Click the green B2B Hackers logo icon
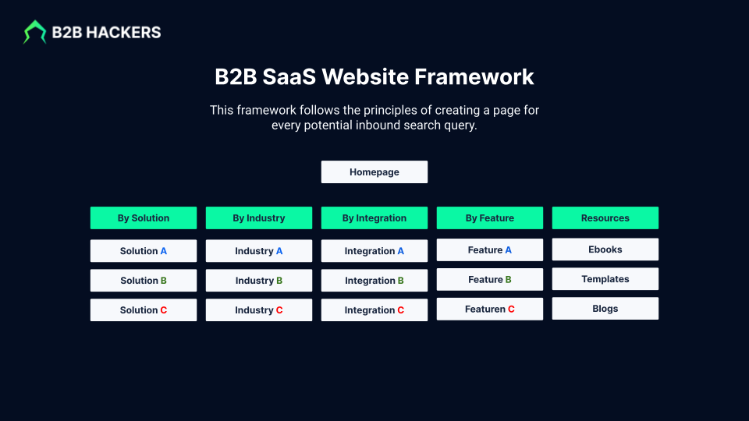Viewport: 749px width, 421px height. (x=34, y=32)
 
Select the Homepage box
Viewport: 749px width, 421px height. (x=374, y=172)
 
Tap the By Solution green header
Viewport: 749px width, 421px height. (x=144, y=218)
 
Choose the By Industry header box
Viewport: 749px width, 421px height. (x=259, y=218)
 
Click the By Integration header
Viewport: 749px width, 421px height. (x=374, y=218)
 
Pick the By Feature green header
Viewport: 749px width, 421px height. (x=490, y=218)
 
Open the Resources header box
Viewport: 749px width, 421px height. (x=605, y=218)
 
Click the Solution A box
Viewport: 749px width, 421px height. (x=144, y=251)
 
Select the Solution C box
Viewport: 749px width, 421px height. (x=144, y=310)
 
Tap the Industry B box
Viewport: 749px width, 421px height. (x=259, y=281)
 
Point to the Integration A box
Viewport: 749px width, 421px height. (x=374, y=251)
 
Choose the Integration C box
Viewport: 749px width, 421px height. (x=374, y=310)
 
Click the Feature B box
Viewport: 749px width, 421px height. (x=490, y=279)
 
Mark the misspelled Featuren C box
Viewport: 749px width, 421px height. (x=490, y=309)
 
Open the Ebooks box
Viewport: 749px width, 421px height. (x=605, y=249)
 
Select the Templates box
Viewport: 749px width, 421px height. (x=605, y=279)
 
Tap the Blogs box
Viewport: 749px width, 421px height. (x=605, y=309)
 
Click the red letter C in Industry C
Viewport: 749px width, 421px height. (x=279, y=310)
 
